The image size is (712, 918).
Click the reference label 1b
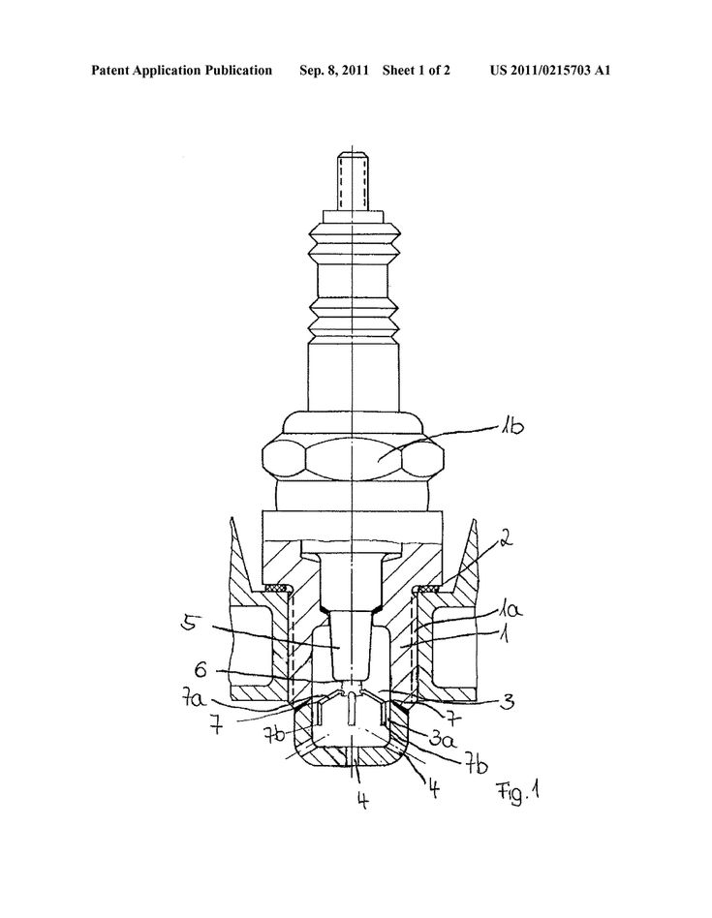coord(511,427)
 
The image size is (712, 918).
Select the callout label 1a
coord(511,611)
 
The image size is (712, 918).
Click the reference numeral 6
coord(201,670)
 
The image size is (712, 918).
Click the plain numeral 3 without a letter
coord(509,701)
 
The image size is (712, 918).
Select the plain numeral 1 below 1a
coord(504,634)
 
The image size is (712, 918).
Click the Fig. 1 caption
coord(518,793)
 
